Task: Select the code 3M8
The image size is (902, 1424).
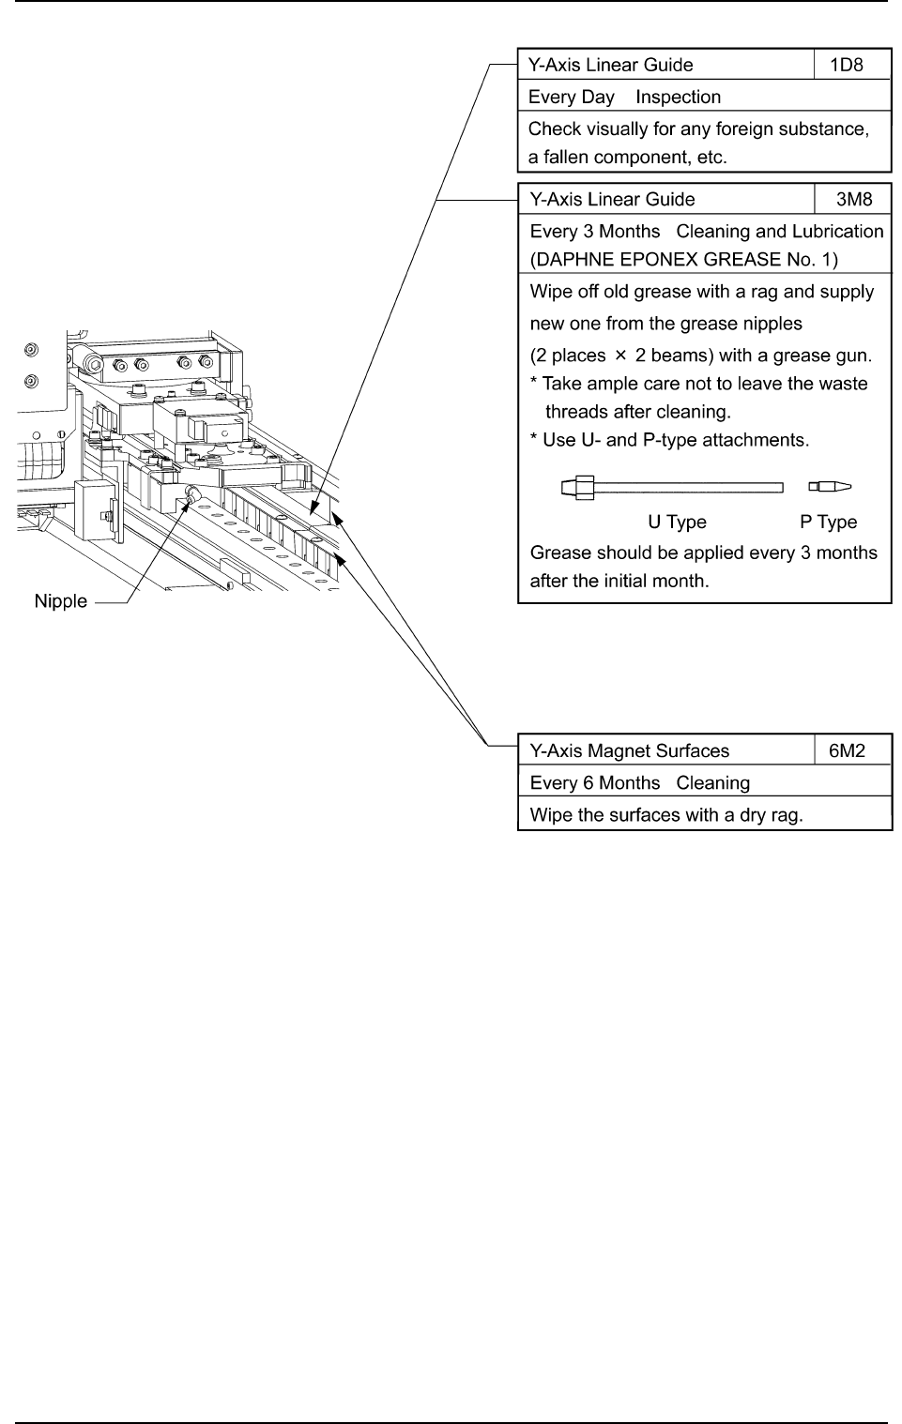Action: (854, 200)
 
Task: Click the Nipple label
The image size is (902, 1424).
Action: (60, 602)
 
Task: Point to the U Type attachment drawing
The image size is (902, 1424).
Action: (672, 487)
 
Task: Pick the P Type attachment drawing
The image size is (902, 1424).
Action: (830, 487)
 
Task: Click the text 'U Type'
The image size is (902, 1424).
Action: (677, 523)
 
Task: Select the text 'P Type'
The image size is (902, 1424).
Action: (828, 523)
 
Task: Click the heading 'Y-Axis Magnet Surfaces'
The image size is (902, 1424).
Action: (629, 751)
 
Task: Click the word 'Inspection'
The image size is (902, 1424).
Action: (678, 98)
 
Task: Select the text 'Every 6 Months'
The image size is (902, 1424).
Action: (595, 783)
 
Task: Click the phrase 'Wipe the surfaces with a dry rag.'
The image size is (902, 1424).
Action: (666, 815)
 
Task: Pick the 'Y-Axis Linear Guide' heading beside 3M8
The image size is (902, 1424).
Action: (612, 200)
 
